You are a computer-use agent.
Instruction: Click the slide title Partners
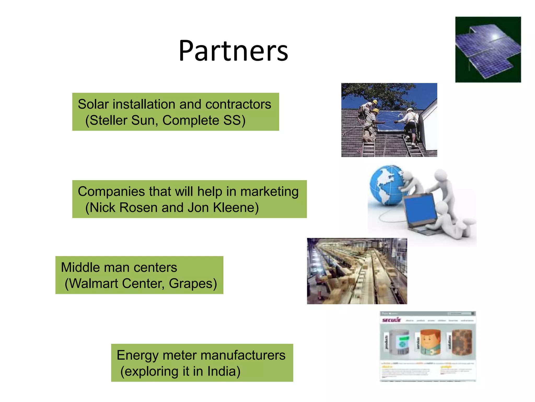[233, 51]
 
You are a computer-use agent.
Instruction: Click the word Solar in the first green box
[93, 104]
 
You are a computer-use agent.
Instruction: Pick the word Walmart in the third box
[94, 283]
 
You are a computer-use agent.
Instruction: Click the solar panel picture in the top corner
[488, 50]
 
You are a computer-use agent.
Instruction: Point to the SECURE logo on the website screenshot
[391, 320]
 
